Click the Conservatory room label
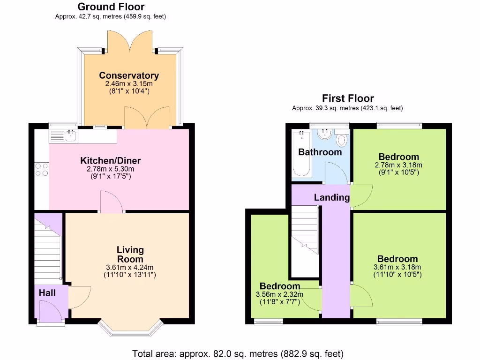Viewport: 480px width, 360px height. point(129,75)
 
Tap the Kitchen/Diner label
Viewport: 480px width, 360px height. point(110,161)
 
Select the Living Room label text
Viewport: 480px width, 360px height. point(130,255)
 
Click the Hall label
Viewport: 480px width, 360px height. point(47,293)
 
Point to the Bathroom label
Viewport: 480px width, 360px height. point(320,152)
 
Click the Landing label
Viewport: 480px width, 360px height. point(332,197)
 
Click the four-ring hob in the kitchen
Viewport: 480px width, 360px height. point(41,170)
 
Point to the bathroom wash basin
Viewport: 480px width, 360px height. point(324,135)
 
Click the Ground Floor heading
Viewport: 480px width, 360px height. point(111,7)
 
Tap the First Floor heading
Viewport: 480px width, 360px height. point(348,98)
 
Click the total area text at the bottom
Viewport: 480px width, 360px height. point(238,353)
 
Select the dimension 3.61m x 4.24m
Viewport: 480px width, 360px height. point(129,268)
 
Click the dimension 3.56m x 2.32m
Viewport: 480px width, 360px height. point(280,294)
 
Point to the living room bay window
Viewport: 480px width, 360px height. point(130,329)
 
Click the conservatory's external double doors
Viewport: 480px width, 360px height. point(130,42)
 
